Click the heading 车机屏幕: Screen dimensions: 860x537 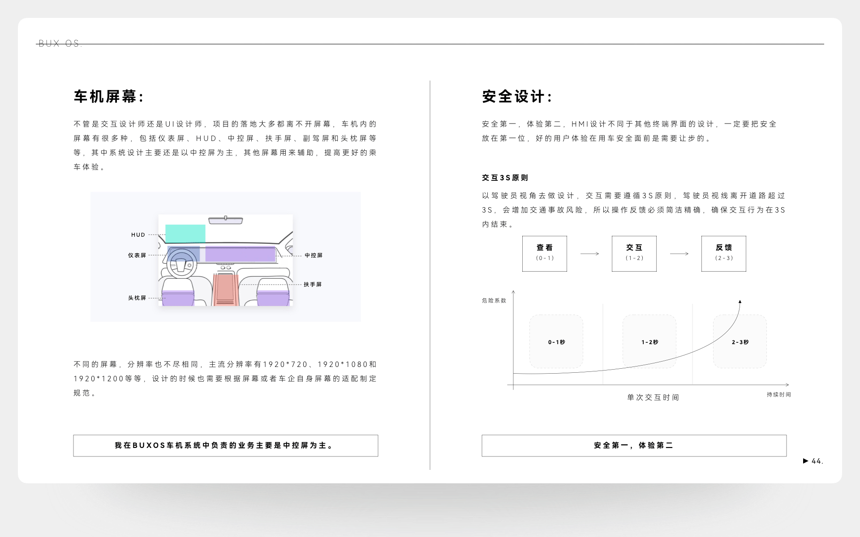[x=109, y=97]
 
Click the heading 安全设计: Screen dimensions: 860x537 [x=517, y=97]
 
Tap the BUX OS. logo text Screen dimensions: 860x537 [x=60, y=43]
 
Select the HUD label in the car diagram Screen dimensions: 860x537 [x=138, y=234]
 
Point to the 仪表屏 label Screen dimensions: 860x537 [x=137, y=255]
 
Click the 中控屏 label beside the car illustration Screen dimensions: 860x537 [x=314, y=256]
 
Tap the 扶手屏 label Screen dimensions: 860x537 [x=313, y=284]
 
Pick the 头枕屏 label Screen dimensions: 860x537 [x=137, y=298]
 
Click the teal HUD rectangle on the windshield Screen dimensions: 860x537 [x=185, y=233]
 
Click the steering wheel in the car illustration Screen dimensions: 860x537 [x=181, y=264]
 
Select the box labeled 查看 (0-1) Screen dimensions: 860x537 [x=545, y=253]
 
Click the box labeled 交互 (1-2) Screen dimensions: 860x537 [x=634, y=253]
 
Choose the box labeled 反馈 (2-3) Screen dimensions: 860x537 [x=724, y=253]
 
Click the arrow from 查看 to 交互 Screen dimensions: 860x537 [x=589, y=254]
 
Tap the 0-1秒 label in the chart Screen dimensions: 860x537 [x=556, y=342]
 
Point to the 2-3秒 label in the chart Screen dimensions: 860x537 [x=740, y=342]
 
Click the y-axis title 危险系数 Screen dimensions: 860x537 [x=494, y=300]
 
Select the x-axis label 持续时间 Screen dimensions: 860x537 [x=779, y=394]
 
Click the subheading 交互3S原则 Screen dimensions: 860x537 [x=505, y=178]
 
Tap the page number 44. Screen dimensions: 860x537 [x=817, y=461]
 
